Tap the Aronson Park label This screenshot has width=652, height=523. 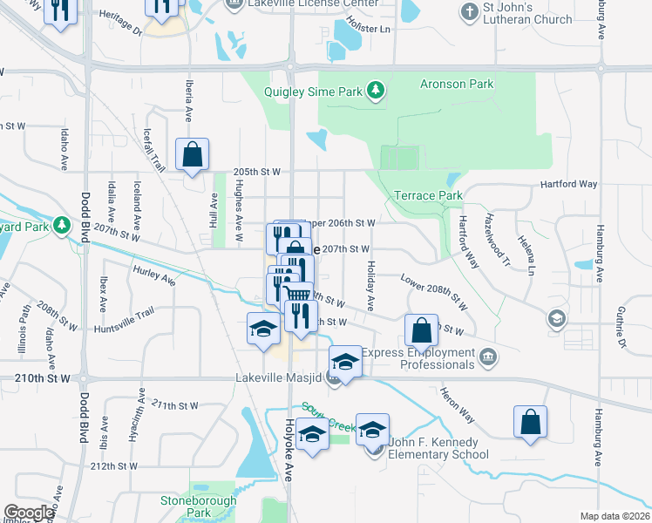pyautogui.click(x=457, y=84)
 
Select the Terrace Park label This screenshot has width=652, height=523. pyautogui.click(x=428, y=195)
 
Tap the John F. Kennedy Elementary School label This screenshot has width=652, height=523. pyautogui.click(x=438, y=448)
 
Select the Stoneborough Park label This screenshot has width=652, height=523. pyautogui.click(x=187, y=506)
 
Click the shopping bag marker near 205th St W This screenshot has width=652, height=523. pyautogui.click(x=193, y=155)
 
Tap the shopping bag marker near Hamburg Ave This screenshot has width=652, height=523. pyautogui.click(x=530, y=422)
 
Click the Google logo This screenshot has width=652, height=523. pyautogui.click(x=29, y=513)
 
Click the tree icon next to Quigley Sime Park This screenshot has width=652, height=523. pyautogui.click(x=375, y=90)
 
